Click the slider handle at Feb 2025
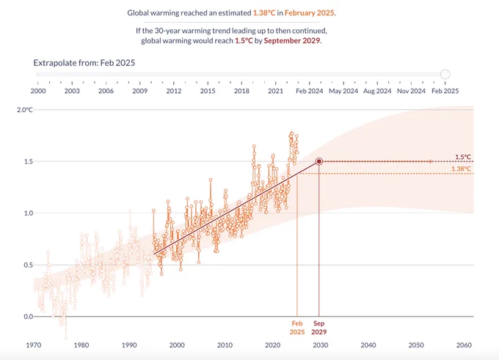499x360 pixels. [445, 74]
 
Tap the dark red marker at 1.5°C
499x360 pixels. [319, 161]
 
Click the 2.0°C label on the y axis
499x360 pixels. [25, 110]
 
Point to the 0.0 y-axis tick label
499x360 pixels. [29, 317]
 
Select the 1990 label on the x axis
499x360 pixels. [129, 345]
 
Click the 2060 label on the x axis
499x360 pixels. [464, 345]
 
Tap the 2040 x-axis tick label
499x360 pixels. [368, 345]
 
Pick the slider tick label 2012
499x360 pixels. [174, 91]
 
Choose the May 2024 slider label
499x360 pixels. [343, 91]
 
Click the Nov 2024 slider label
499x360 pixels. [411, 91]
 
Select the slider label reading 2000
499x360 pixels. [38, 91]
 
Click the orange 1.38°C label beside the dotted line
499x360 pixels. [461, 169]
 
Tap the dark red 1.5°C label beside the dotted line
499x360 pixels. [463, 157]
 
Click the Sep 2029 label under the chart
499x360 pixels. [319, 328]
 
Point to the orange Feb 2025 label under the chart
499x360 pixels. [297, 328]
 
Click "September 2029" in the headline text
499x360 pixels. [292, 41]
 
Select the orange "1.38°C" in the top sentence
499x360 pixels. [264, 12]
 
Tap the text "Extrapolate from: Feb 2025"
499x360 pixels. [84, 62]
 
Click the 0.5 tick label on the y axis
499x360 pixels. [29, 265]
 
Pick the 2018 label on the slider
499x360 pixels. [241, 91]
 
